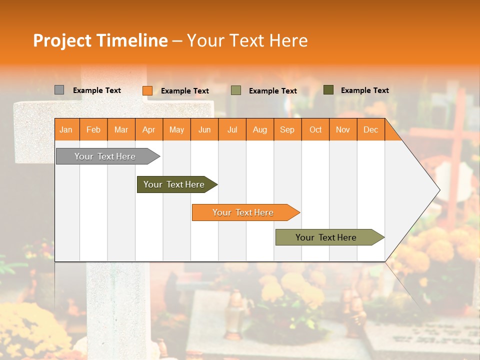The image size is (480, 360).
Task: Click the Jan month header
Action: coord(66,129)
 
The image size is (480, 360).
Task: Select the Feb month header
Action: coord(93,129)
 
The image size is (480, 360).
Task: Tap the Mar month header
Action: coord(121,129)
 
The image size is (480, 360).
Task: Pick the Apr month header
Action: coord(149,129)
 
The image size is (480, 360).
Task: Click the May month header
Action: coord(176,129)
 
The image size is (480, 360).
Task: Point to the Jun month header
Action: coord(204,129)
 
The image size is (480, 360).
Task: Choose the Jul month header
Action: coord(232,129)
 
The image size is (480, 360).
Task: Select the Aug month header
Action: coord(260,129)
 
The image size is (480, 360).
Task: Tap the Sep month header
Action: coord(287,129)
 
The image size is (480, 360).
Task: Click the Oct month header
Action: coord(315,129)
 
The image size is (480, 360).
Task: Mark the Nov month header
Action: coord(343,129)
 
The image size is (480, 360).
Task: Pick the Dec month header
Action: coord(370,129)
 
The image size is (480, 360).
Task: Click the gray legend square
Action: coord(59,90)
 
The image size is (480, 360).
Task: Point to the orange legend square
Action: coord(147,90)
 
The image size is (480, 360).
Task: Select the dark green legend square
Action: coord(328,90)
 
